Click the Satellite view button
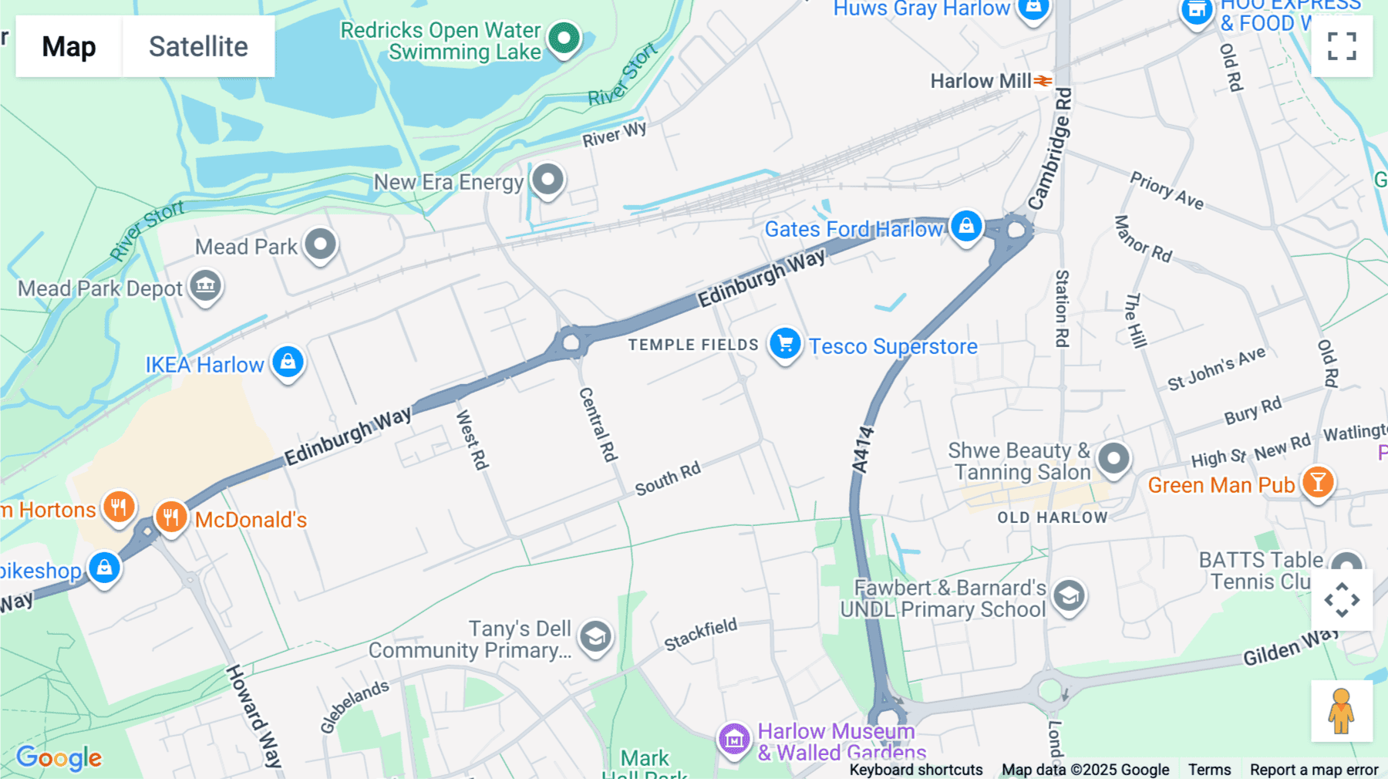pos(198,46)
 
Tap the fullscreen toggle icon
pos(1342,46)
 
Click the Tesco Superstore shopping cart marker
pos(785,343)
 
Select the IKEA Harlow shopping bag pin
pos(288,361)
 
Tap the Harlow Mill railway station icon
pos(1043,81)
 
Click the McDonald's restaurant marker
pos(171,516)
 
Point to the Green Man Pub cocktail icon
pos(1318,482)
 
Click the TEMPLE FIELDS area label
pos(693,345)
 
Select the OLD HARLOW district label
pos(1052,518)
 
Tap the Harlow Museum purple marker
pos(734,740)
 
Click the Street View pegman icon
pos(1341,711)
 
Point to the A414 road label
pos(863,450)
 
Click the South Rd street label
pos(668,479)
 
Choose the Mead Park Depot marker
pos(205,285)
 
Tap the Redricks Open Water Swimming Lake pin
pos(564,37)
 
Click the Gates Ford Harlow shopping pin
pos(966,226)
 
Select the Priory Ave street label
pos(1166,191)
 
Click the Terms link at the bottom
pos(1209,769)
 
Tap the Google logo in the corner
pos(59,757)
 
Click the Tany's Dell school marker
pos(595,637)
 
